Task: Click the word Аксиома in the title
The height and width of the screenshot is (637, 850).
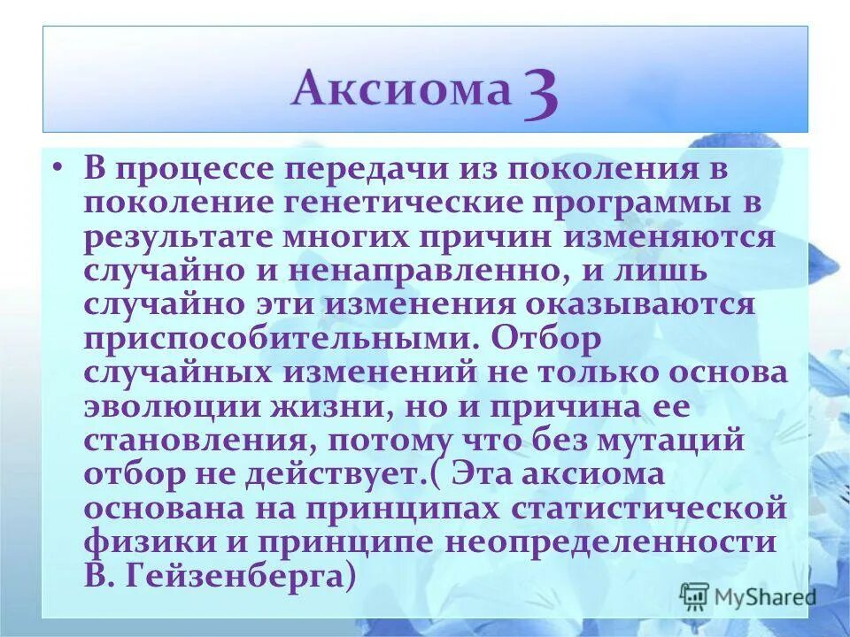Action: point(401,89)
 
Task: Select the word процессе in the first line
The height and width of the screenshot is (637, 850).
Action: point(206,169)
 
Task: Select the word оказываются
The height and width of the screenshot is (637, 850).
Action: point(653,305)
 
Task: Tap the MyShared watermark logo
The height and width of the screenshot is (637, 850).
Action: point(748,596)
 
